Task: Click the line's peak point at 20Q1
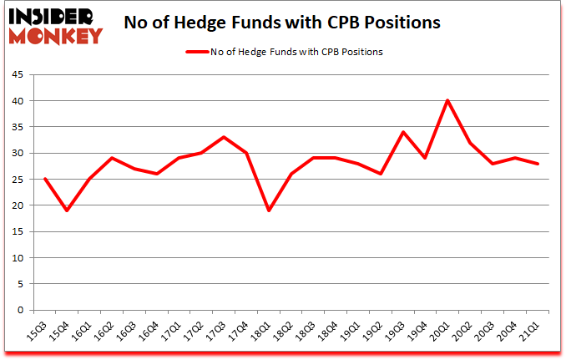tap(447, 101)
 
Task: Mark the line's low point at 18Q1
tap(269, 210)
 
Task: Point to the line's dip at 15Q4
tap(67, 210)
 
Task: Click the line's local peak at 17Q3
tap(224, 137)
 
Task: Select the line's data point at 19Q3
tap(403, 132)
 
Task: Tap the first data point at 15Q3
tap(44, 179)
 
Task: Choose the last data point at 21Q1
tap(538, 164)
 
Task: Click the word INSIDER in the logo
tap(51, 17)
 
